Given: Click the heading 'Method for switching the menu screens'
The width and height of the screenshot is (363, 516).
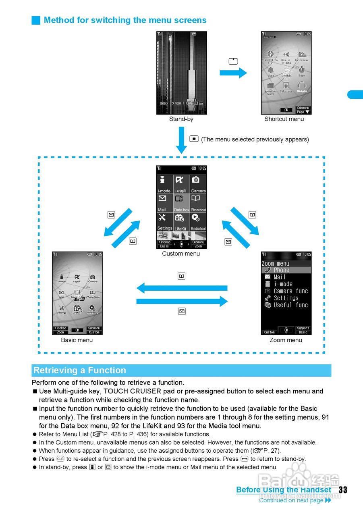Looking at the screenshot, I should point(125,20).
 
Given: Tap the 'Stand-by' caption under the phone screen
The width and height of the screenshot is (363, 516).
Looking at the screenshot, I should point(181,119).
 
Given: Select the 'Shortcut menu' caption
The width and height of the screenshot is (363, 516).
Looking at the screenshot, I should point(284,119).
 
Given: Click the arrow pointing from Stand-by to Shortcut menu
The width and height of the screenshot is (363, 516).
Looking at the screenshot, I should point(233,73).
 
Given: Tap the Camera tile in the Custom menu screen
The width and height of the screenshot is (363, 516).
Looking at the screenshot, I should point(198,184).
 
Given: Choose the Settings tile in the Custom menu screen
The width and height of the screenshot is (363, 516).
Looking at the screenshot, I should point(164,222).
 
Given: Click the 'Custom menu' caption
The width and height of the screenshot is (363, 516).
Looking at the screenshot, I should point(181,254).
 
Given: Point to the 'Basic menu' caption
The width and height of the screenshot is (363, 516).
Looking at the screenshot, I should point(77,340).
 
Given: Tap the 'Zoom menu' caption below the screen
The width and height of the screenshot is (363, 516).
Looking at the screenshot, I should point(286,340).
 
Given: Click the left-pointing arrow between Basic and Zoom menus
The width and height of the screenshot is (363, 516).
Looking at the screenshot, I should point(182,288).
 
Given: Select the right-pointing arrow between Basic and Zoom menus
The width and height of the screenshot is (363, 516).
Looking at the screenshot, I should point(182,302).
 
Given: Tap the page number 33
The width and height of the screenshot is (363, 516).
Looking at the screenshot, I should point(343,490).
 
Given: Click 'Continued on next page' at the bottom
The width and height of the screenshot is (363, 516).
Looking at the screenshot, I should point(291,500).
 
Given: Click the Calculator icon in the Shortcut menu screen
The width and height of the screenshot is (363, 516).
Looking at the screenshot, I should point(286,87).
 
